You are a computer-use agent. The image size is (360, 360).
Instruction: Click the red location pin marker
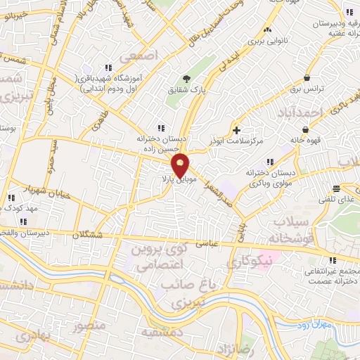181,165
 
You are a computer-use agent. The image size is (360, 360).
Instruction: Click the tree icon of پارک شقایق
186,78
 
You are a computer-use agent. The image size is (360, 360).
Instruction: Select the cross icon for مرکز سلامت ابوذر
236,130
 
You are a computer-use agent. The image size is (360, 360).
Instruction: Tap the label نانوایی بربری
266,42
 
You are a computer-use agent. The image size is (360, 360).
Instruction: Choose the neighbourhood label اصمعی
137,54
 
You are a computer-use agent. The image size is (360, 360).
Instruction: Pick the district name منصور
90,327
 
